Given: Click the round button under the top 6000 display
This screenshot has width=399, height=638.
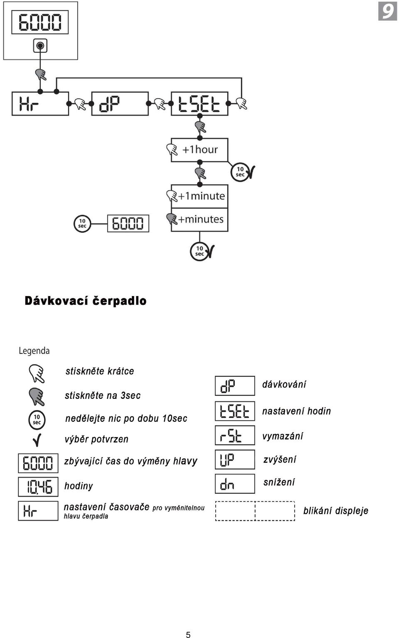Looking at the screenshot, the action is click(40, 46).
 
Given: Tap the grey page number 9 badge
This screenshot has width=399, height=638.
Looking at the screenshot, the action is click(387, 11).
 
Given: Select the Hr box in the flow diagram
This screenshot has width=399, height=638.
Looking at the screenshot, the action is click(40, 104).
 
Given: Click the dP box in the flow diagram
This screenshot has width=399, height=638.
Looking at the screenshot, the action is click(120, 104).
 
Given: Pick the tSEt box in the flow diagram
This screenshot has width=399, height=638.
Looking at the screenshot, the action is click(199, 104).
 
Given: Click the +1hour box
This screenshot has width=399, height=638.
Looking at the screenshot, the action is click(199, 150).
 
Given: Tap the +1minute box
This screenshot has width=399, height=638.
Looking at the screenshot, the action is click(199, 197).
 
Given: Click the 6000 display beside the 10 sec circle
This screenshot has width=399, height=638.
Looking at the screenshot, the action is click(128, 224).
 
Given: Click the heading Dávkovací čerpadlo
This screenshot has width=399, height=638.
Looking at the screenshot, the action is click(85, 301).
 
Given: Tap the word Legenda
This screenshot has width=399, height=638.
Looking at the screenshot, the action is click(34, 351).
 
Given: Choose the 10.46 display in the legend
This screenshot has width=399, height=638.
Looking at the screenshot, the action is click(38, 487).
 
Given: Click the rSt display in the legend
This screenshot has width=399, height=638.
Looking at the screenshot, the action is click(235, 435).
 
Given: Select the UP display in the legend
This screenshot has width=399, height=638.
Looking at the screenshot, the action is click(235, 460).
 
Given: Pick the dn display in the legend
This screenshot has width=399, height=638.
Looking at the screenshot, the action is click(235, 484).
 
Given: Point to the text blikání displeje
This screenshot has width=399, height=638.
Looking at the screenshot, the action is click(336, 511).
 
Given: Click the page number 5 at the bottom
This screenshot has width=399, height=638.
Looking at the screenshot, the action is click(188, 635).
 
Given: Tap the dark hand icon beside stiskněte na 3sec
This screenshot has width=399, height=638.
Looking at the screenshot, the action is click(37, 396).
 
